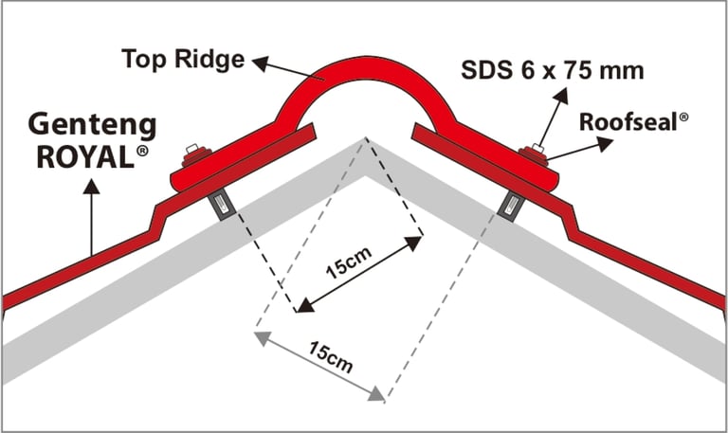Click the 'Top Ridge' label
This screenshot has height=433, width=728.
pos(183,60)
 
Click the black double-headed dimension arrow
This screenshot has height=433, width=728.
pos(359,274)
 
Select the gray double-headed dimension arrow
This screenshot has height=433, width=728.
pos(319,367)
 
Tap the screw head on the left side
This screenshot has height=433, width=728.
pos(194,150)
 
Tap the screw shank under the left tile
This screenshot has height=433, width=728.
pos(219,203)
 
